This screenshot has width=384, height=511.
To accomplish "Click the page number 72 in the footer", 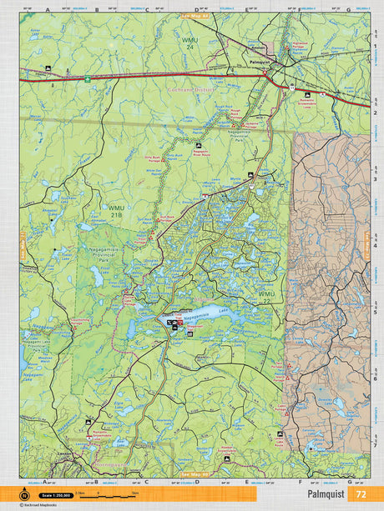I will click(x=361, y=493).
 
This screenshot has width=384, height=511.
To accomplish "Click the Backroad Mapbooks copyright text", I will click(x=42, y=504).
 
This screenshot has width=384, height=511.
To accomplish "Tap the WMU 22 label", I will click(x=265, y=298).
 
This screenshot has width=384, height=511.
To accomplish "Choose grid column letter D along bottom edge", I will click(x=196, y=481).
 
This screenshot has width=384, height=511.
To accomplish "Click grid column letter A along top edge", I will click(x=47, y=10).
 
